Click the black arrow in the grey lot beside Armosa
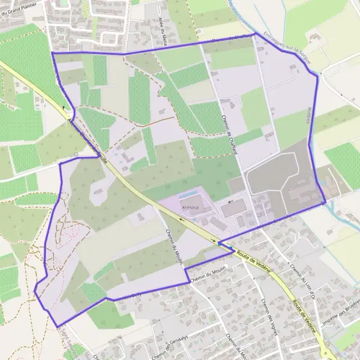pyautogui.click(x=229, y=202)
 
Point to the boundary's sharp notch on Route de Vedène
pyautogui.click(x=220, y=244)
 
